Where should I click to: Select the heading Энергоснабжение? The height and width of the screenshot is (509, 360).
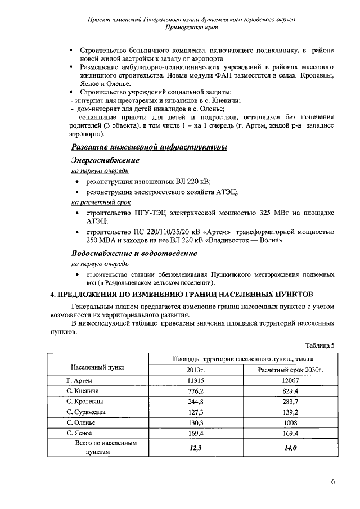[105, 160]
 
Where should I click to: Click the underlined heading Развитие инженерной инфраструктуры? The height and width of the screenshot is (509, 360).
[149, 147]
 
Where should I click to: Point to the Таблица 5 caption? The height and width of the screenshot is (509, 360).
[320, 345]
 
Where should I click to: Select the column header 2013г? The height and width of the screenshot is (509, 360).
[195, 370]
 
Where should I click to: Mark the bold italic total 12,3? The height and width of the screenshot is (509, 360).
[195, 448]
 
